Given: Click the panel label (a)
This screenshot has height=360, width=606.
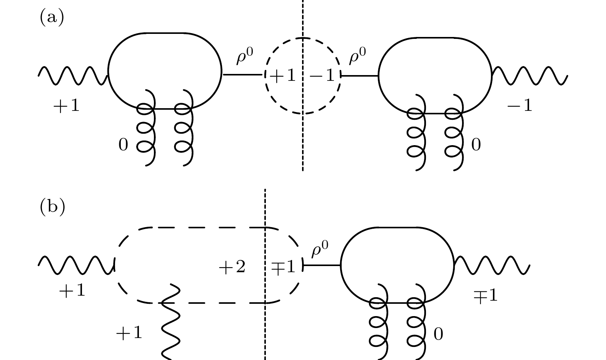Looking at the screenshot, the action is pyautogui.click(x=52, y=17).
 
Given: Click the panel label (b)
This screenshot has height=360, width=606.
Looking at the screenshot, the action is pyautogui.click(x=52, y=207).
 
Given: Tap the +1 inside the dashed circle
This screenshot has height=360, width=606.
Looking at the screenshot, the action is pyautogui.click(x=283, y=75).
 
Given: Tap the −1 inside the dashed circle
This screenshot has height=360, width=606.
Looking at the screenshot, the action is pyautogui.click(x=322, y=75).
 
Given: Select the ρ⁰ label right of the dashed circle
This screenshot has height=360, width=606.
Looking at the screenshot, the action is pyautogui.click(x=357, y=55).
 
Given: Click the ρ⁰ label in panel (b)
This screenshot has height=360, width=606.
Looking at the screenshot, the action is pyautogui.click(x=320, y=249).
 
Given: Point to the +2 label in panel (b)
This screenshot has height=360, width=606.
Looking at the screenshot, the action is pyautogui.click(x=232, y=267).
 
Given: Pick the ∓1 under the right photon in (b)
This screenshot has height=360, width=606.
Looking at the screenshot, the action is pyautogui.click(x=486, y=296).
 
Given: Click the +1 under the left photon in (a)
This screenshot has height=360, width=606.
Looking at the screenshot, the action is pyautogui.click(x=67, y=105).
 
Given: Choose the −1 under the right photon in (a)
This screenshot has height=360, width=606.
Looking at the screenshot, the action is pyautogui.click(x=520, y=105).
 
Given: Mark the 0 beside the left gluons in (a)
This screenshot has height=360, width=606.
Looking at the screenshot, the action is pyautogui.click(x=123, y=145).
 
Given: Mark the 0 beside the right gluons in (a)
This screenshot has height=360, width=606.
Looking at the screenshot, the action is pyautogui.click(x=476, y=145).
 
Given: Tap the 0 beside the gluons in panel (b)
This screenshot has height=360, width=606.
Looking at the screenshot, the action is pyautogui.click(x=438, y=334).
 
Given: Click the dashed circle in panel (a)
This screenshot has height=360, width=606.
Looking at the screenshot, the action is pyautogui.click(x=265, y=76).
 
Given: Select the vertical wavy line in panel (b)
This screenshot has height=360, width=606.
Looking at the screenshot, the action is pyautogui.click(x=170, y=322).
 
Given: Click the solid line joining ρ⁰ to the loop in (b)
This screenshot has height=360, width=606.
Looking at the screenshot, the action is pyautogui.click(x=322, y=265).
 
